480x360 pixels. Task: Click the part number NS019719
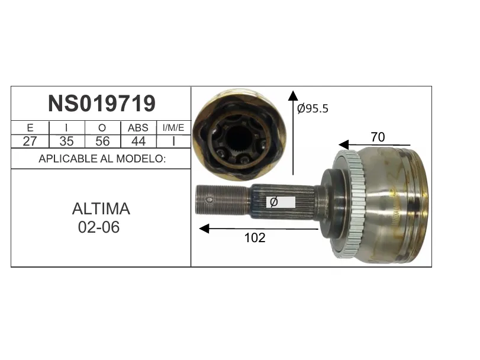pos(102,104)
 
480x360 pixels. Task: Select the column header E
pos(30,128)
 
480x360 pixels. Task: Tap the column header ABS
pos(138,128)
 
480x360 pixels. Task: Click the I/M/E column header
pos(173,127)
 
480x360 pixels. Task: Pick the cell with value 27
pos(30,141)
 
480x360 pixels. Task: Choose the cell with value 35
pos(66,141)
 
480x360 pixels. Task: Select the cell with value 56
pos(102,141)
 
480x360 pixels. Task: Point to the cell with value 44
pos(138,141)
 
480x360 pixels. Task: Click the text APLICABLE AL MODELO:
pos(102,159)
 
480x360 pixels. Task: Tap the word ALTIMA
pos(101,209)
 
